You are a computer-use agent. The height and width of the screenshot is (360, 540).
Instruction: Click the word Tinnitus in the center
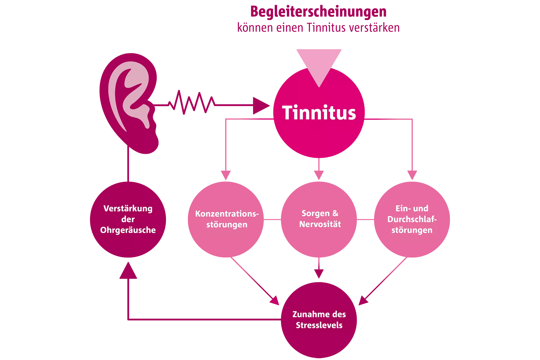319,113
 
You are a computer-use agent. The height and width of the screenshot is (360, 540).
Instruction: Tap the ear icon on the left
129,96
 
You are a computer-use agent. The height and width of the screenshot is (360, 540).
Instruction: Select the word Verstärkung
128,209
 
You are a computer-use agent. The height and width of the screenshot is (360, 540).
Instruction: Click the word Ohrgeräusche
128,230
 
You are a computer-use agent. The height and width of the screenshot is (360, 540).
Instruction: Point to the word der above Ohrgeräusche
128,219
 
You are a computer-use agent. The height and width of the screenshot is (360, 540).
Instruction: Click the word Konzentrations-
227,214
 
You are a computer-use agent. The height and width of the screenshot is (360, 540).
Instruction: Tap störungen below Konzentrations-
227,225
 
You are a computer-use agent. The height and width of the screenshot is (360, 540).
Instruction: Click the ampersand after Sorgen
335,213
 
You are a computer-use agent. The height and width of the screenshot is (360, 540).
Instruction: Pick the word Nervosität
320,224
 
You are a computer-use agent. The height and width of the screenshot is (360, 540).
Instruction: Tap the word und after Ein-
421,208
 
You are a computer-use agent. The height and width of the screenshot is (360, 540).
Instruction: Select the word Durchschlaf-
412,219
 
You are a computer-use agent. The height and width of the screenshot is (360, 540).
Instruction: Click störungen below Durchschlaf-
412,230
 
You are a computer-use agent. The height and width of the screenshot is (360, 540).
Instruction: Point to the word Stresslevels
319,325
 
